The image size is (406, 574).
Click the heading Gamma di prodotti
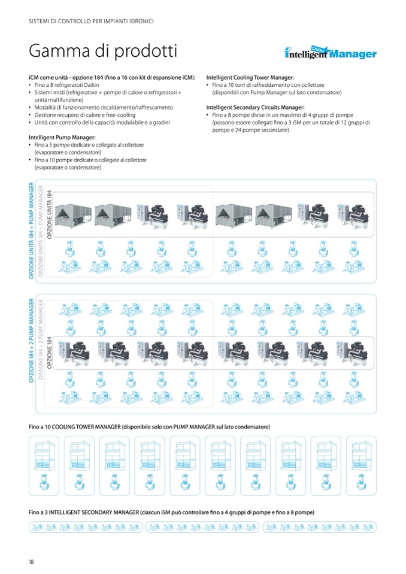[x=102, y=51]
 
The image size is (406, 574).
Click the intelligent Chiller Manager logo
[x=330, y=53]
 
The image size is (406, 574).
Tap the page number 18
[x=31, y=561]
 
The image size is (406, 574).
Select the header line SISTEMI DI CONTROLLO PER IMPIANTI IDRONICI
[x=91, y=22]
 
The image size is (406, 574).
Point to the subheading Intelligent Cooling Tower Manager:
[x=250, y=78]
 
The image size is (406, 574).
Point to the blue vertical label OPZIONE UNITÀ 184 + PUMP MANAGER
[x=32, y=231]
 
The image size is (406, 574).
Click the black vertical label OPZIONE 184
[x=50, y=353]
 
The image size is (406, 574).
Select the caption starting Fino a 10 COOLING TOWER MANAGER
[x=149, y=427]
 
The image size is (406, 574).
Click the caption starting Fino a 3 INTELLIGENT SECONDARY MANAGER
[x=171, y=513]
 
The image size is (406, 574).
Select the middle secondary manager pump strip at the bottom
[x=202, y=527]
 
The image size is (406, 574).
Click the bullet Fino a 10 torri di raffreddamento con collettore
[x=276, y=86]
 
